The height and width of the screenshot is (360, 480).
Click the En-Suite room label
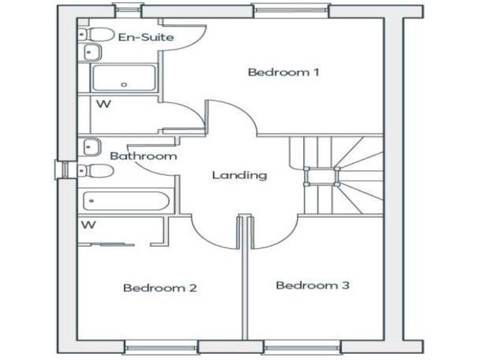146,37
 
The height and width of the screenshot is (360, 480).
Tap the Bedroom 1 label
284,72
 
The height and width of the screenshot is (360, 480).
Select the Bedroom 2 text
160,288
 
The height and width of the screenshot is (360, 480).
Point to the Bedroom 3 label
312,286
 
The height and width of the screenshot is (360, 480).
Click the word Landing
239,175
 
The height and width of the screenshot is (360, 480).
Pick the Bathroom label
143,156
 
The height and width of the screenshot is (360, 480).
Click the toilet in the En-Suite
96,34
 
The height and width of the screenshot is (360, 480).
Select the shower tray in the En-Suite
123,78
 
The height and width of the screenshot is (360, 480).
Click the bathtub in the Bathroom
126,202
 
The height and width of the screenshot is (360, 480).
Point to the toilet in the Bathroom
96,171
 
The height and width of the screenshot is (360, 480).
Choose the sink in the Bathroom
91,146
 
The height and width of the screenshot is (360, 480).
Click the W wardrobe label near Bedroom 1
104,104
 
